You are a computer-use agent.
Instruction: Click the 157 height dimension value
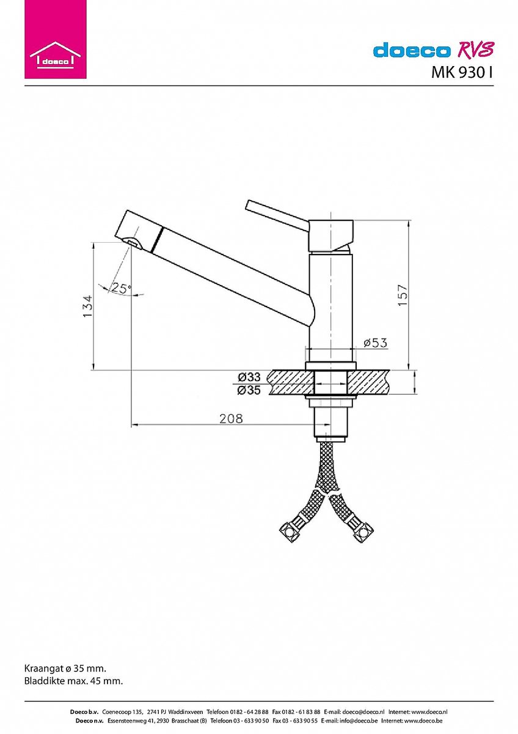point(403,295)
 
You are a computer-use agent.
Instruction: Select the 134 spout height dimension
point(87,306)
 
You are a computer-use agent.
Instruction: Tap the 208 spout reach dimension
point(231,418)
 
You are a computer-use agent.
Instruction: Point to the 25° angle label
point(121,288)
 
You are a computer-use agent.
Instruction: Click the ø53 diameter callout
point(375,343)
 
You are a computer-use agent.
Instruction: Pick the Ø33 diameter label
point(249,377)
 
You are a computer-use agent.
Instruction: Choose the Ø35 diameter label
point(249,390)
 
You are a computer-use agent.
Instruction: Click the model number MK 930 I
point(462,73)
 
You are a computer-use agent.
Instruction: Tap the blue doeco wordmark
point(411,50)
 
